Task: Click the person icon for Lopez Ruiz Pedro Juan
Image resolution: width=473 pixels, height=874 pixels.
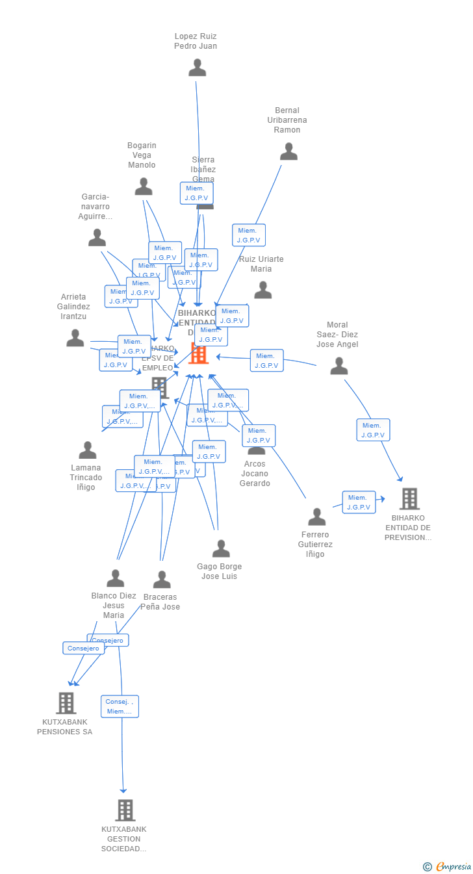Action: pos(197,68)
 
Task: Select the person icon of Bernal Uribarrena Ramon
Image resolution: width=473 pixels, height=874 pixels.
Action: pos(288,151)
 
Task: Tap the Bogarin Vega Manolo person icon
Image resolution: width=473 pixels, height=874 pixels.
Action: pos(144,186)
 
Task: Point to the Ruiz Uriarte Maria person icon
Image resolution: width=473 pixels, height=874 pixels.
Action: pos(262,290)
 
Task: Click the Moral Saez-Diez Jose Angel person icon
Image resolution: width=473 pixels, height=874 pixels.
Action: pos(339,366)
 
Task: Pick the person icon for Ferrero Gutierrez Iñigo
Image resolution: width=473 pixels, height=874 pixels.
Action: pos(317,517)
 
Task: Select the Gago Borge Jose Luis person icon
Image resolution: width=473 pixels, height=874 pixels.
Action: pos(221,548)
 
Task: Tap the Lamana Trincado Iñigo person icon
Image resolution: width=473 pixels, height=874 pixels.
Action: pos(88,450)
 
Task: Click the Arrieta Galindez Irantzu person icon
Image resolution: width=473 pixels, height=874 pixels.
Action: pos(75,338)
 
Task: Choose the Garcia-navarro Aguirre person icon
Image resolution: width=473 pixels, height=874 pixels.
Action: pos(97,238)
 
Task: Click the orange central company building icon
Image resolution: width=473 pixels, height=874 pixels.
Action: pos(198,354)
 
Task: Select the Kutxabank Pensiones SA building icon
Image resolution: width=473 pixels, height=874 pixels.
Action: pos(66,703)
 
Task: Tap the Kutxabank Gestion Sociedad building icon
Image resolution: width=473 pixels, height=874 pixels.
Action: pos(125,810)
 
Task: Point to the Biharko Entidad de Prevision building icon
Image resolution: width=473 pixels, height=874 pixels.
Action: pos(409,498)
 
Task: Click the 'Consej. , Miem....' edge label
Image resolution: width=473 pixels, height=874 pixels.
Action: pos(120,706)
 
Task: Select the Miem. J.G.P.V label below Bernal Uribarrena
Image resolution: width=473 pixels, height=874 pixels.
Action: pos(249,235)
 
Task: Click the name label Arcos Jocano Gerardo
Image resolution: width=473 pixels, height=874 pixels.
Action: pos(254,473)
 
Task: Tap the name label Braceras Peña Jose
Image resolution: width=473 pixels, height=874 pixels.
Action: pos(160,602)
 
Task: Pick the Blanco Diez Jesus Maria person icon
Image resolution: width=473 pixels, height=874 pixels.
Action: pos(116,578)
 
